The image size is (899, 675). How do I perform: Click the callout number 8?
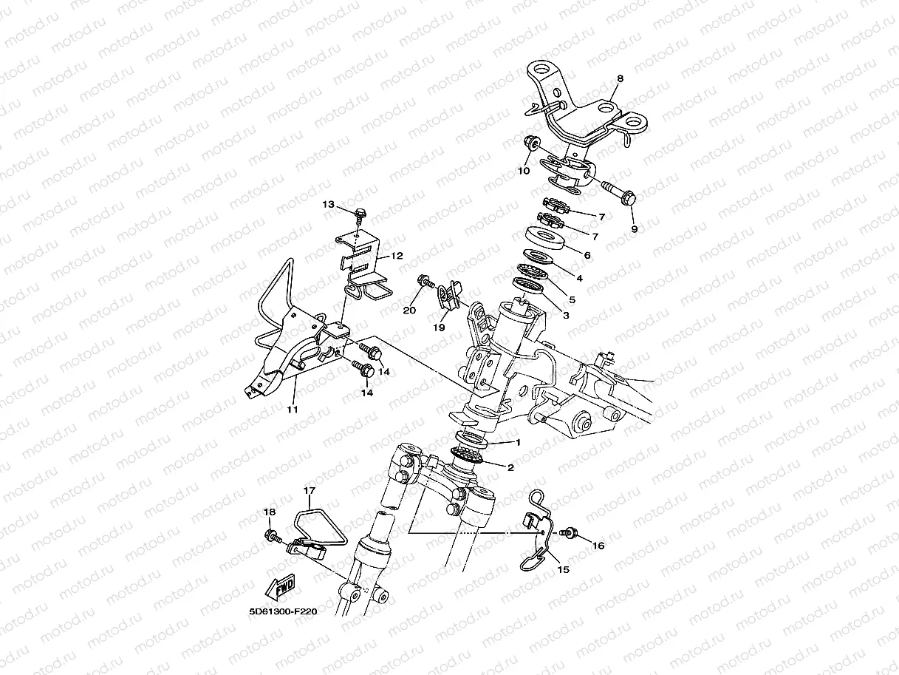tap(620, 78)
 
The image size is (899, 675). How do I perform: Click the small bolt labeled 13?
tap(360, 214)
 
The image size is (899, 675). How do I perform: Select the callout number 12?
tap(397, 256)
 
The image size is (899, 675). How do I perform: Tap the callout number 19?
tap(439, 326)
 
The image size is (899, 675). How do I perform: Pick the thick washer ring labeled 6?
tap(546, 240)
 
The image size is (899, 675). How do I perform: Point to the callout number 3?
tap(566, 315)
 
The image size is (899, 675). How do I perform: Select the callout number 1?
tap(518, 442)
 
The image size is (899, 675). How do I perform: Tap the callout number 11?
tap(292, 409)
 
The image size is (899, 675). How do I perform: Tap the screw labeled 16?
tap(568, 531)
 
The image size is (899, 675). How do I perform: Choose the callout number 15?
tap(564, 570)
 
